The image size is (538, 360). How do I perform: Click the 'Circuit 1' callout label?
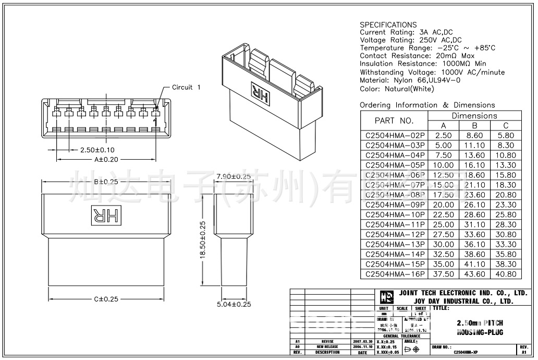coord(186,87)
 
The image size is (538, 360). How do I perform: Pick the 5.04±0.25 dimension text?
coord(234,304)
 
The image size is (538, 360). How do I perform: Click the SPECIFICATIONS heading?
coord(388,25)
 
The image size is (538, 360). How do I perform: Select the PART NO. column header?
coord(394,121)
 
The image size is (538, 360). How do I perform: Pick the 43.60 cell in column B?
coord(474,274)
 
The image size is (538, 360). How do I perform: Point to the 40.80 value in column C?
coord(506,274)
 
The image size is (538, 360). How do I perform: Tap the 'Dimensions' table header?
coord(474,116)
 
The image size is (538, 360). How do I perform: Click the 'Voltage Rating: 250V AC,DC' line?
coord(411,40)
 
